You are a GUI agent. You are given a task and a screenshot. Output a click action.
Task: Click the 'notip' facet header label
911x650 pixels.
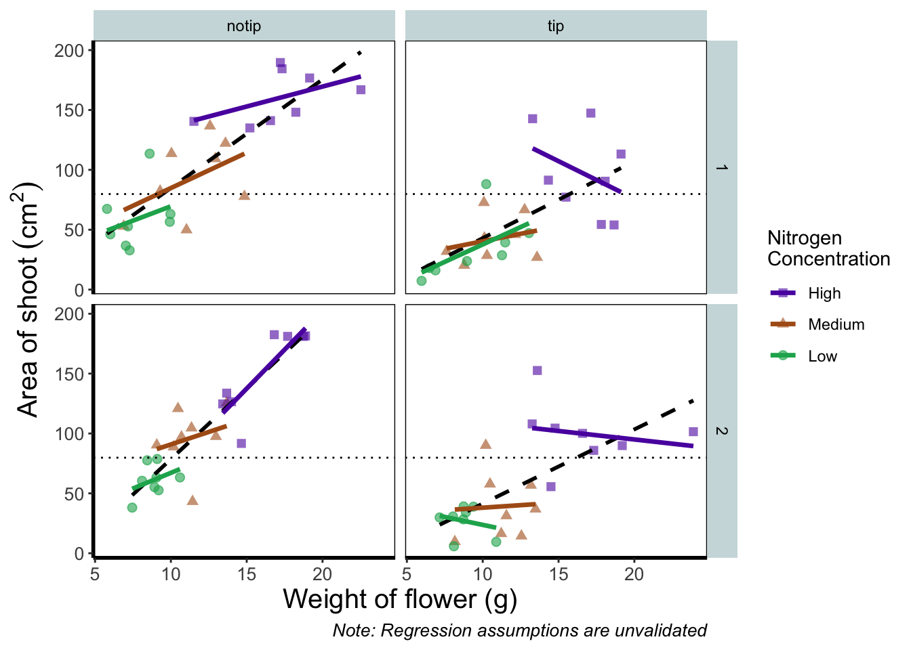[243, 26]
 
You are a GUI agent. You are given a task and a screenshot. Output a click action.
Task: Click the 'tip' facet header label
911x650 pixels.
[555, 26]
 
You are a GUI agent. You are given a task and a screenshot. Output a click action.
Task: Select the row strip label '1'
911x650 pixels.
[722, 167]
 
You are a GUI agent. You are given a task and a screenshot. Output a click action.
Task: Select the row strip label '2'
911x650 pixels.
[722, 431]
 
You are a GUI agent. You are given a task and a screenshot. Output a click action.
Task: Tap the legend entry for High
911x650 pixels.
[824, 293]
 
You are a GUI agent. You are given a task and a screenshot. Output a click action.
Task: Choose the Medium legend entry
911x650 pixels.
[836, 325]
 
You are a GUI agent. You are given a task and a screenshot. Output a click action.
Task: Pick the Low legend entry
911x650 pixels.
[822, 356]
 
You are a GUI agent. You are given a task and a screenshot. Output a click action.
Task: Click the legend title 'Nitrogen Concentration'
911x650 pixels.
[828, 248]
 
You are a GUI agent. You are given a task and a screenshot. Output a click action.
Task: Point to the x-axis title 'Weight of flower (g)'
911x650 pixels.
[400, 599]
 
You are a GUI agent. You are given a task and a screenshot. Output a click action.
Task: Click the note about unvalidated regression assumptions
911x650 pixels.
[519, 630]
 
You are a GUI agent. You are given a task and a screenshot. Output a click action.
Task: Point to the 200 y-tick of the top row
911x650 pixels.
[70, 51]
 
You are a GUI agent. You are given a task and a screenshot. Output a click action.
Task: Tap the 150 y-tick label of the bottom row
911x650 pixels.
[70, 374]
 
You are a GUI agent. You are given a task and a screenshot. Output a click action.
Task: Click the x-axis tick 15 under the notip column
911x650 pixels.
[247, 574]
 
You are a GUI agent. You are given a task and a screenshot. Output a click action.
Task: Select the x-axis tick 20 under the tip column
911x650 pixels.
[634, 574]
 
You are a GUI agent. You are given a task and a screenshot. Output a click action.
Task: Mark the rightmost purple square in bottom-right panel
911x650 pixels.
[693, 431]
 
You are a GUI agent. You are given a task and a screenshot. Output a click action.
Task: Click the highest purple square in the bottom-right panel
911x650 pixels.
[537, 370]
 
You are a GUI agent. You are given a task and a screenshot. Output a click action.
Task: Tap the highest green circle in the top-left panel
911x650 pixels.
[150, 154]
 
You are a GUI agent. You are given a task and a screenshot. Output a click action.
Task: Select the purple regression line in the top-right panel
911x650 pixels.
[577, 170]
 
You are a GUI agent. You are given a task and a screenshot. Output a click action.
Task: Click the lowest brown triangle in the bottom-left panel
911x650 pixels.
[193, 500]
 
